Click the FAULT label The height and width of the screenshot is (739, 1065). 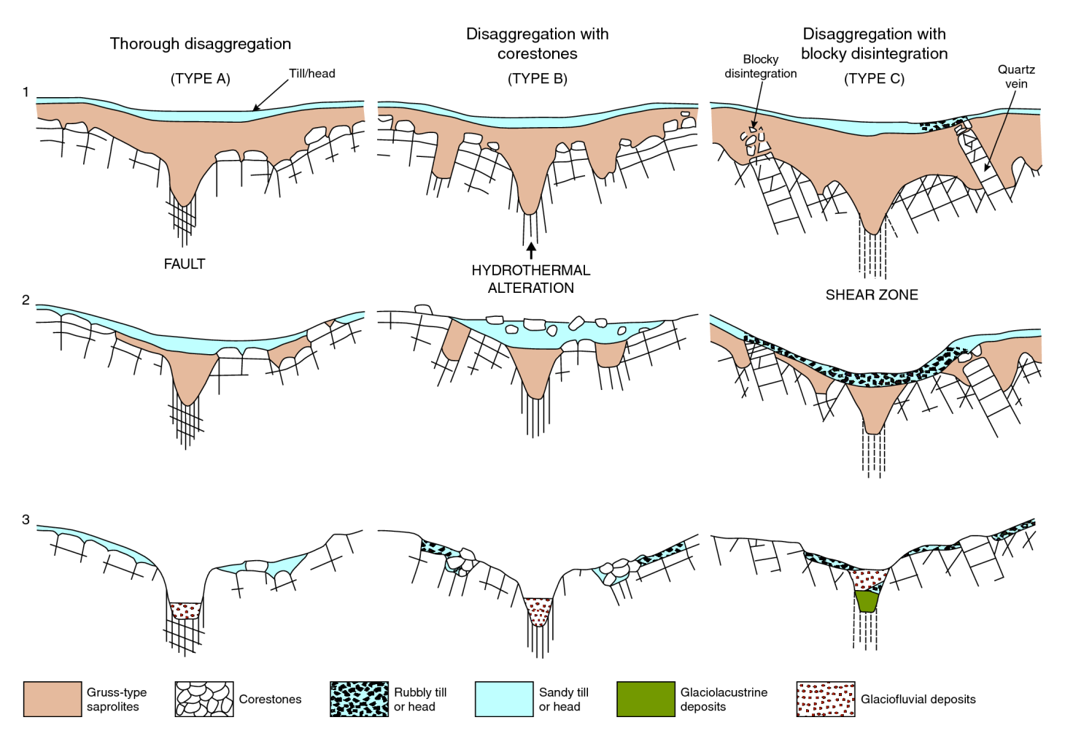185,264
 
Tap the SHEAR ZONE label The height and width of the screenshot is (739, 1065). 872,294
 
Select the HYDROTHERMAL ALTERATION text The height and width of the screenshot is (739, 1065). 530,279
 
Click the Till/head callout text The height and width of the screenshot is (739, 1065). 312,73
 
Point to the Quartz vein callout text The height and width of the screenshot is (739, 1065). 1016,77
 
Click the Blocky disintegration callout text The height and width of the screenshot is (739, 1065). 761,66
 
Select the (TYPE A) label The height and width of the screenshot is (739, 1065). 200,79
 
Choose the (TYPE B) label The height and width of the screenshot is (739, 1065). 538,79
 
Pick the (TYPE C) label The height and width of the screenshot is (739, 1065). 874,79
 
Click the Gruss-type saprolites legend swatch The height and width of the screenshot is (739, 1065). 53,699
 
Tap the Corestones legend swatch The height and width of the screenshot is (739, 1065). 204,699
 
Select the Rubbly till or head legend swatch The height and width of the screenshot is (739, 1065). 359,699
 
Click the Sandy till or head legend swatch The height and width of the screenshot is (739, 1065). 504,699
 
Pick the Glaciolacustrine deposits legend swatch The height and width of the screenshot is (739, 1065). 646,699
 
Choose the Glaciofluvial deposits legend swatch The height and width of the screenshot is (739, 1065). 826,699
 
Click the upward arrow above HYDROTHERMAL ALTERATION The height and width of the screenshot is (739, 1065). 531,250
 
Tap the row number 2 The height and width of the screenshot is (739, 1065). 26,300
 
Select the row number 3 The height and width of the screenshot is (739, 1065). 26,520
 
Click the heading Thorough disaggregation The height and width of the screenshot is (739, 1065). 200,44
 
